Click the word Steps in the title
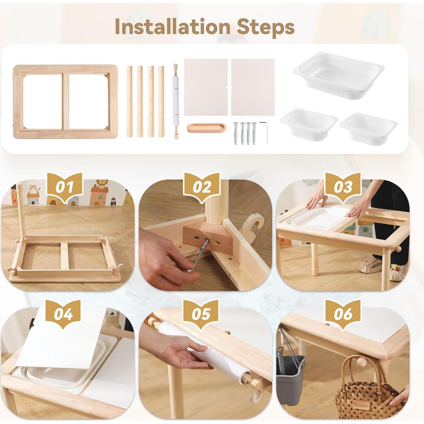pos(265,27)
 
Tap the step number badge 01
pos(64,187)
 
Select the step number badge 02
pos(202,187)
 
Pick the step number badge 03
pos(343,187)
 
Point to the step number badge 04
pos(63,314)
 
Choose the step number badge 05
pos(201,314)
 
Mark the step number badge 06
pos(343,314)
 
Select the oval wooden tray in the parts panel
pos(207,128)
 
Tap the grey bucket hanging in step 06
pos(290,376)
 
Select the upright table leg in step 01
pos(20,210)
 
